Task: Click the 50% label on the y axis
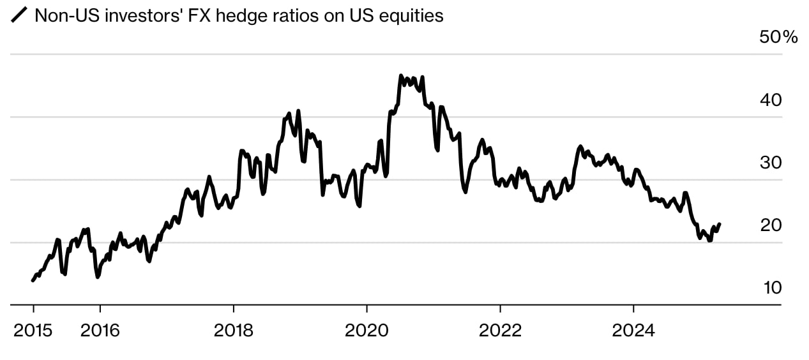(x=778, y=38)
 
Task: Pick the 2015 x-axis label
(x=33, y=331)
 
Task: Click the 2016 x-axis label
(x=100, y=331)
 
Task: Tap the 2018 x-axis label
(x=234, y=331)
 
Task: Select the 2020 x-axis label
(x=367, y=331)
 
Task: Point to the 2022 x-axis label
(x=500, y=331)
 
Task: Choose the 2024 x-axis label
(x=633, y=331)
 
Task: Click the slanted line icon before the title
(x=20, y=16)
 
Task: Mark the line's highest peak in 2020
(x=401, y=76)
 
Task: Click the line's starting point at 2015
(x=33, y=280)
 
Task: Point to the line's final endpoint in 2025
(x=720, y=224)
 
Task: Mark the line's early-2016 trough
(x=98, y=277)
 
